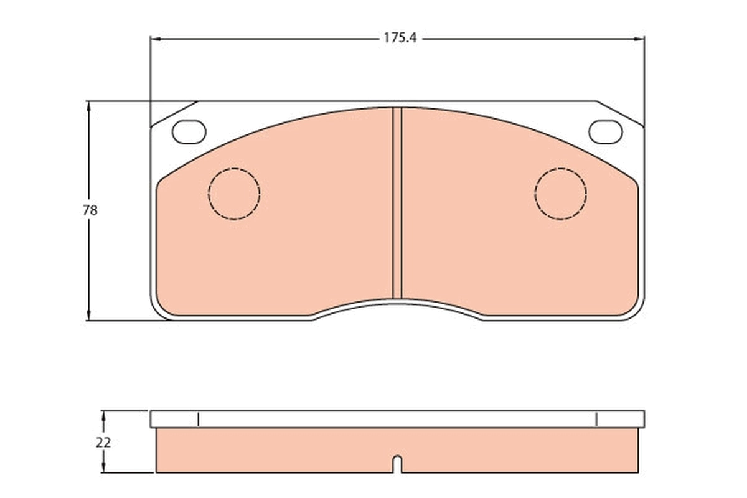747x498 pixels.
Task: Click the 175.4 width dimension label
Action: click(399, 38)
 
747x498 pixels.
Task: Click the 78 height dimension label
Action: click(90, 210)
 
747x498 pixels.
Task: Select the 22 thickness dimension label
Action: click(103, 443)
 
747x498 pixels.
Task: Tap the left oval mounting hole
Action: click(189, 131)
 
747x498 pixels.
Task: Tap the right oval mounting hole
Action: click(605, 131)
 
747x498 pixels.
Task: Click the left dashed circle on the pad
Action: click(234, 194)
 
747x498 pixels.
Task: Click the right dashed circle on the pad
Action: click(560, 194)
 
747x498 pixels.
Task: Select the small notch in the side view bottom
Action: click(397, 464)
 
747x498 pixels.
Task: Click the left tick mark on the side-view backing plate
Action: click(197, 419)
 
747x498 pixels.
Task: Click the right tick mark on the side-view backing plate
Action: click(596, 419)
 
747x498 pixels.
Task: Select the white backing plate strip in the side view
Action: click(397, 419)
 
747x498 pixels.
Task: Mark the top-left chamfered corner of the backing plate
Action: click(174, 113)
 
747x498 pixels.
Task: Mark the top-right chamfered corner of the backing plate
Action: click(620, 113)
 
